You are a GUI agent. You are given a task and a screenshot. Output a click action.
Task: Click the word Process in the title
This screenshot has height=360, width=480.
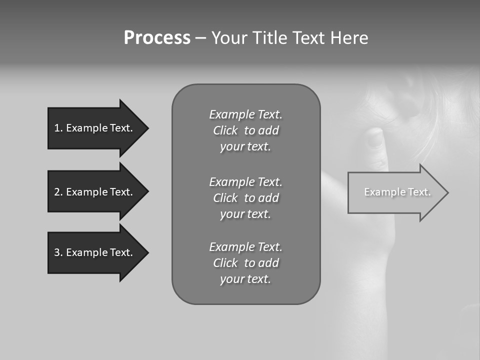tap(157, 38)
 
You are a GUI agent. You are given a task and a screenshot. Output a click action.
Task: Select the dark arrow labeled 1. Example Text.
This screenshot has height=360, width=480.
tap(95, 128)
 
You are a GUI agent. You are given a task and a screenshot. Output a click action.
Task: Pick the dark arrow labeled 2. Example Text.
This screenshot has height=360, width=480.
tap(95, 192)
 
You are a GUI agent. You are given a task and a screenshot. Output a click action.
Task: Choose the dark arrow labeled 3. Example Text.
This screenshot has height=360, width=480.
tap(95, 252)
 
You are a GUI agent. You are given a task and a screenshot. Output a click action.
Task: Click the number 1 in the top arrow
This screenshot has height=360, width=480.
tap(57, 128)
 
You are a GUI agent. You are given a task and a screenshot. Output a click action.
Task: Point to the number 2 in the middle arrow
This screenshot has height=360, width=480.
tap(57, 192)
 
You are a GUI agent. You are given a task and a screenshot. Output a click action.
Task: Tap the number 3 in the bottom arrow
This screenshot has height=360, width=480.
tap(57, 252)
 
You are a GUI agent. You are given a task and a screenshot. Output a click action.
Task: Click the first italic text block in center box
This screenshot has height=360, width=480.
tap(245, 130)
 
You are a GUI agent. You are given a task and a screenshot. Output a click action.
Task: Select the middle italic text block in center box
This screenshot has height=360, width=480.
tap(245, 197)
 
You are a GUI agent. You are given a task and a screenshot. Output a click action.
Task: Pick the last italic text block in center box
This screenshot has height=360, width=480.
tap(245, 263)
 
